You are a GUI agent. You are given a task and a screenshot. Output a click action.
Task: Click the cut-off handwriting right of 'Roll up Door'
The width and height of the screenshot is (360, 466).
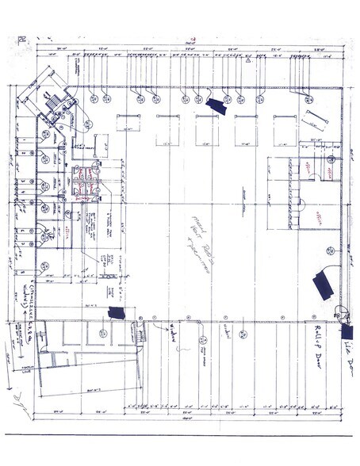pos(346,349)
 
